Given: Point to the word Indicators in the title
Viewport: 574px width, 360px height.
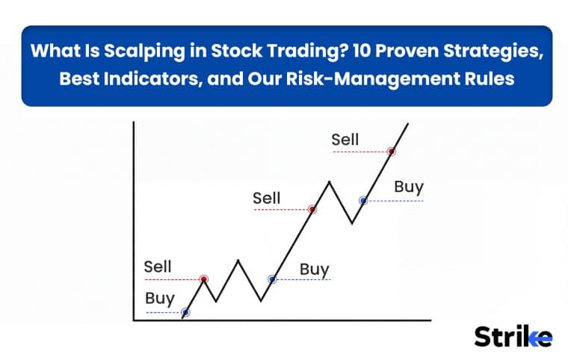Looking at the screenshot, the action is coord(152,79).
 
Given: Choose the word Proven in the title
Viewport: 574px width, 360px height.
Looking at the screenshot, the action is coord(407,51).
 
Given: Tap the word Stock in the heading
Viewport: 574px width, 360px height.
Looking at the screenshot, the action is coord(236,51).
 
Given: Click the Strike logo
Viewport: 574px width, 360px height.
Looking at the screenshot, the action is coord(513,336).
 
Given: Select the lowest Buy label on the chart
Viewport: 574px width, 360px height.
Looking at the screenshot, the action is coord(160,299).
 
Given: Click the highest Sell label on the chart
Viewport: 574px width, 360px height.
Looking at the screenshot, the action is coord(345,140).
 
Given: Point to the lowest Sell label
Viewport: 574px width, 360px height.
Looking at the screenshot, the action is coord(158,267).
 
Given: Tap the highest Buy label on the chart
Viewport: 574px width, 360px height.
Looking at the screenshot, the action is coord(409,187).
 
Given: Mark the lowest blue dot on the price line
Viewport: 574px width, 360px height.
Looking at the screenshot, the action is coord(185,312).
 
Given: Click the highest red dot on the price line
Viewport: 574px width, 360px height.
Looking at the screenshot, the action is coord(392,151).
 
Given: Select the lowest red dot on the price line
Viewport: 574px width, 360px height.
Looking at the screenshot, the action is coord(204,279).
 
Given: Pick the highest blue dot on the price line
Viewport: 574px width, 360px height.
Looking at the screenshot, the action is coord(363,200).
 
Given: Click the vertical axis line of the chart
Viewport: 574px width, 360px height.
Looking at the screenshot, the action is coord(134,221).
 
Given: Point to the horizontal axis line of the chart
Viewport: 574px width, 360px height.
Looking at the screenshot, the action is coord(283,320).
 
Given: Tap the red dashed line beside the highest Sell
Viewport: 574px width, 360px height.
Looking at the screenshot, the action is coord(360,152).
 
